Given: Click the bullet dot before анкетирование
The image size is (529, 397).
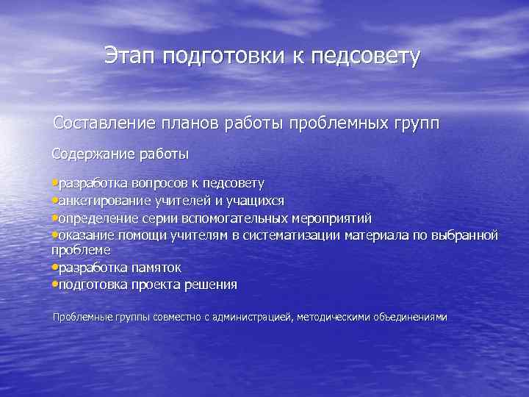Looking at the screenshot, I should coord(54,201).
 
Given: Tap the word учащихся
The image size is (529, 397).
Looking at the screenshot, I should coord(257,201).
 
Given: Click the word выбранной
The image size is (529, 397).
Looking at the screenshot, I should coord(469,236).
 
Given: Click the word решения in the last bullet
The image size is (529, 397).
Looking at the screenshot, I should coord(212,285).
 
